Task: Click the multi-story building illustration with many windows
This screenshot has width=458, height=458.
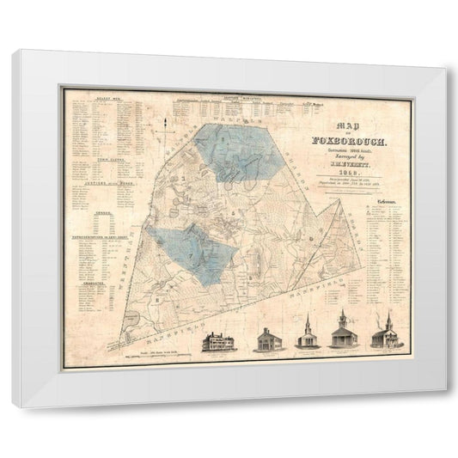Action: click(217, 340)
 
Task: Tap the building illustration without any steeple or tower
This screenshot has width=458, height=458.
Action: click(267, 340)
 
